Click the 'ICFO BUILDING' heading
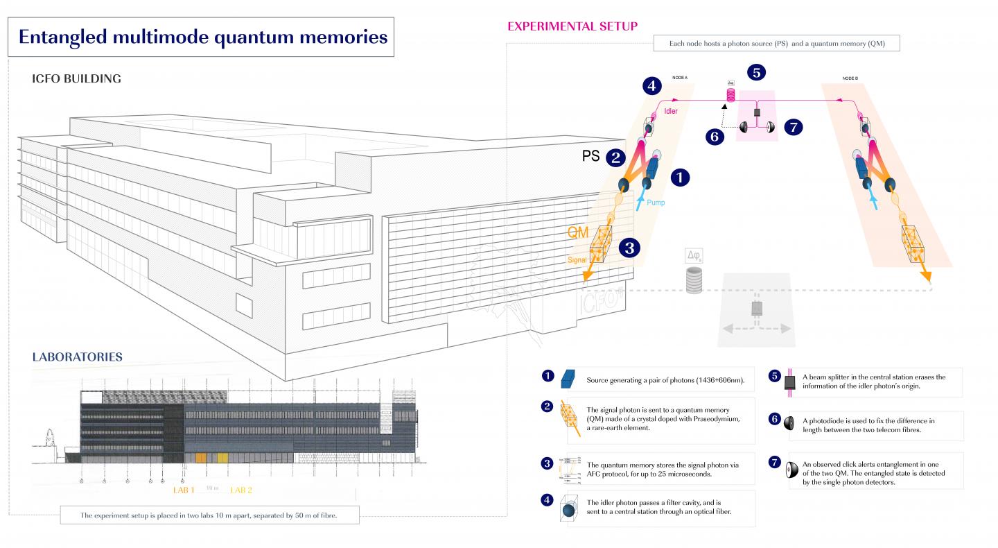point(76,78)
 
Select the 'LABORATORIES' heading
point(78,357)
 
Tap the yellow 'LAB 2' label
point(240,490)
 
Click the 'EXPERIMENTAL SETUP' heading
point(572,26)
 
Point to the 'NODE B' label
point(849,78)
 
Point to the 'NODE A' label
point(679,78)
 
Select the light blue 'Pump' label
point(657,205)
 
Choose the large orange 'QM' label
point(578,233)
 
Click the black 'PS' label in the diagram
point(590,157)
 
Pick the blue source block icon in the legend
point(568,379)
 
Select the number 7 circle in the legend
point(775,461)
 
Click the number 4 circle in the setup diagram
point(650,87)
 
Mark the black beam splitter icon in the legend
point(789,382)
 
